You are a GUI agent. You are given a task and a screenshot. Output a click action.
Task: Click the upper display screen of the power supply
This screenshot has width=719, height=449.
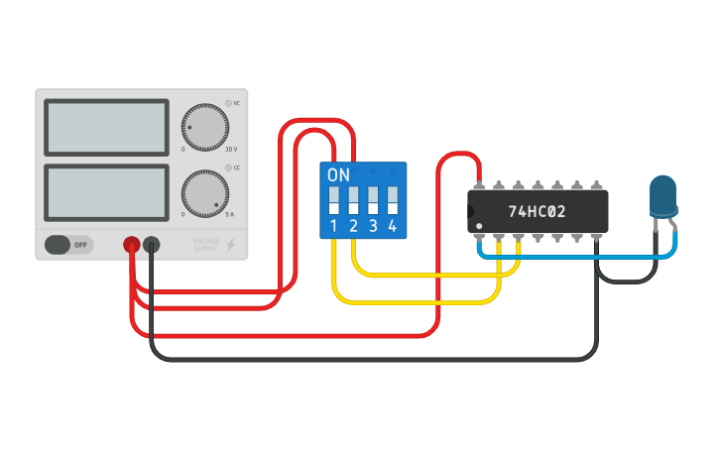(x=106, y=127)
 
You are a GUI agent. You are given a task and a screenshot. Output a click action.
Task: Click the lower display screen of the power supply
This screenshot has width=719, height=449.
(x=106, y=193)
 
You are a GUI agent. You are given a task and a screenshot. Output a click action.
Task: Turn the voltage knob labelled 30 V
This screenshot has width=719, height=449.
(x=205, y=128)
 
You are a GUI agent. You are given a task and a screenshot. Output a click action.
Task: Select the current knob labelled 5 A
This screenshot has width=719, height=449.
(x=205, y=193)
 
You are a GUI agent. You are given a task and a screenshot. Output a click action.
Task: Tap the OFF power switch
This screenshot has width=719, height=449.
(x=68, y=244)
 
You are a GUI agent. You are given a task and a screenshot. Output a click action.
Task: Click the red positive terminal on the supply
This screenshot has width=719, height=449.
(x=131, y=244)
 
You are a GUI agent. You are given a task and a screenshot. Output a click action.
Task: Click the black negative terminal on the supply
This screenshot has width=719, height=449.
(x=152, y=244)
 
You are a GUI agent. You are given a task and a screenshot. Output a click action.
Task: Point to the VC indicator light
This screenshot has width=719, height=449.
(x=228, y=103)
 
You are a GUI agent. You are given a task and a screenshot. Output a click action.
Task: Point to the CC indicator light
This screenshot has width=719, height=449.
(x=228, y=168)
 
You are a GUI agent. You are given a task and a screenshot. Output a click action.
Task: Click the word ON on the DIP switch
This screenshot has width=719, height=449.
(x=338, y=175)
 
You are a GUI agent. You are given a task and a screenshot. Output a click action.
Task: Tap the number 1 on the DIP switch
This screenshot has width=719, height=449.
(x=333, y=227)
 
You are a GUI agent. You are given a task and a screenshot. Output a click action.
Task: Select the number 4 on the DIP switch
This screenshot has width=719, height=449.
(x=393, y=227)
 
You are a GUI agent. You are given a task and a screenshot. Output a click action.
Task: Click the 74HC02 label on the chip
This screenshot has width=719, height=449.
(x=537, y=212)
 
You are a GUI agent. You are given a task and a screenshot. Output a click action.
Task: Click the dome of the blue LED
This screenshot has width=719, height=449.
(x=662, y=193)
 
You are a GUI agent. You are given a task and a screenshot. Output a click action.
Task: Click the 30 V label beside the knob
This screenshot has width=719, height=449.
(x=232, y=150)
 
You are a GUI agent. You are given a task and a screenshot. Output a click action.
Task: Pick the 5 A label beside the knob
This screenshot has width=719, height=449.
(x=230, y=215)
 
